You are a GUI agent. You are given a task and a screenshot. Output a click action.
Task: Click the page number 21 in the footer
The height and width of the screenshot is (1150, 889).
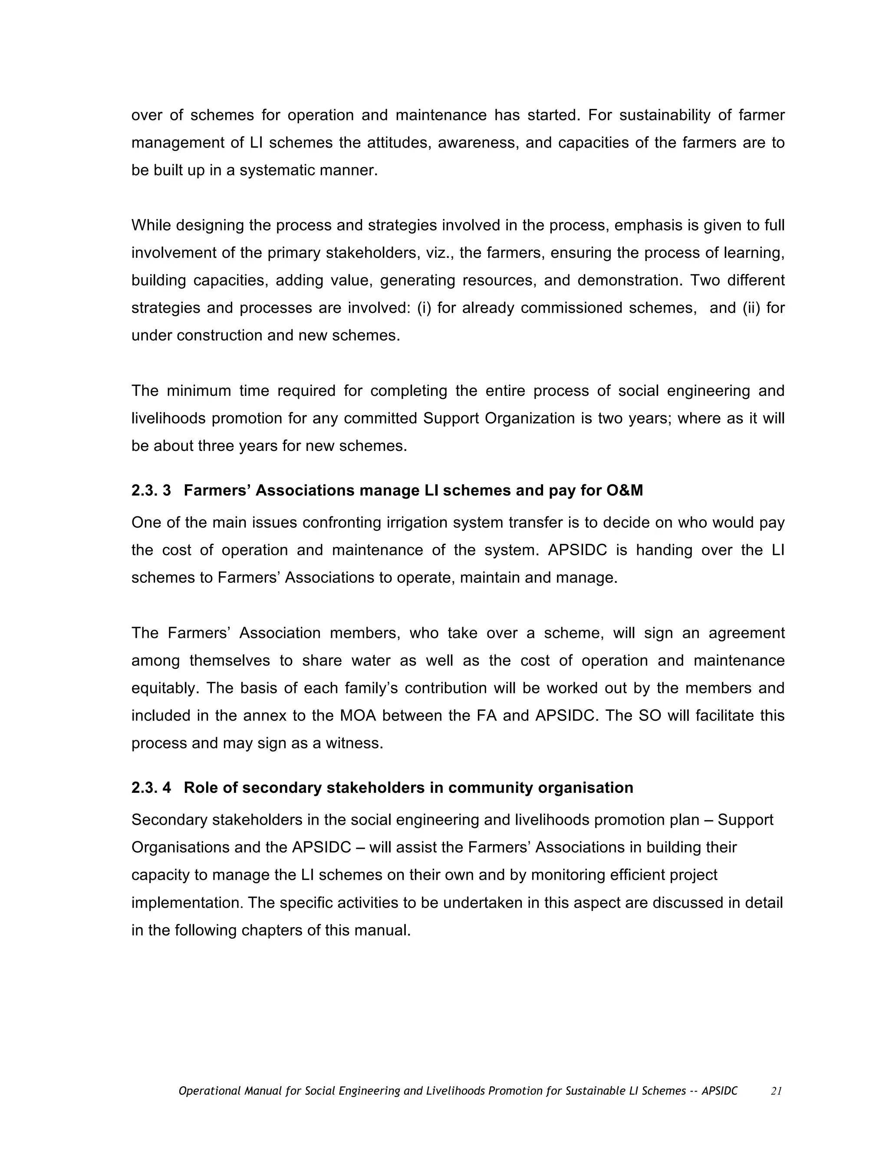click(x=776, y=1091)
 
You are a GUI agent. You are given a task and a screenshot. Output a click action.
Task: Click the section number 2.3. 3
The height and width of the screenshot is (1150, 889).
click(x=151, y=491)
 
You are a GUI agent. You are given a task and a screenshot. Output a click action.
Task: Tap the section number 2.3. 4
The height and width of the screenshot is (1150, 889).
click(x=151, y=788)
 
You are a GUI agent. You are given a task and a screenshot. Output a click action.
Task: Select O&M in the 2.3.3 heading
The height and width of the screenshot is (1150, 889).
click(x=625, y=491)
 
